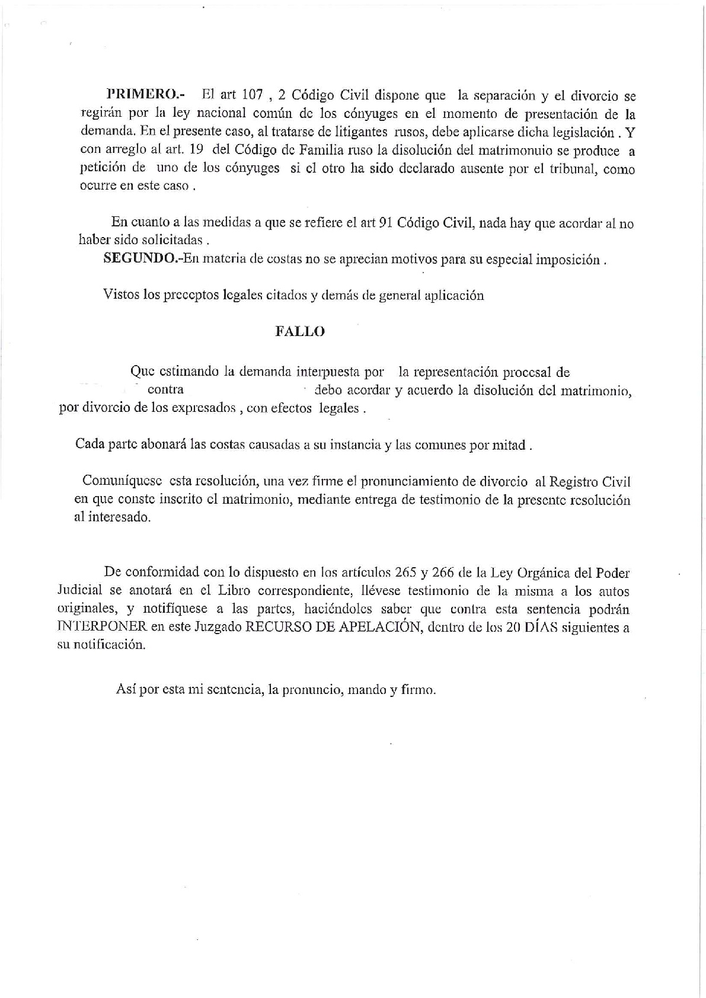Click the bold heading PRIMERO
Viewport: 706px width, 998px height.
click(145, 94)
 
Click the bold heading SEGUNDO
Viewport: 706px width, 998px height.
click(142, 259)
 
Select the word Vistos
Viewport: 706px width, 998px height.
click(120, 295)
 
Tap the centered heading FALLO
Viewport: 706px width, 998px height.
click(300, 332)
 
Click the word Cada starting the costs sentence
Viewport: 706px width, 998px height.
click(90, 444)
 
